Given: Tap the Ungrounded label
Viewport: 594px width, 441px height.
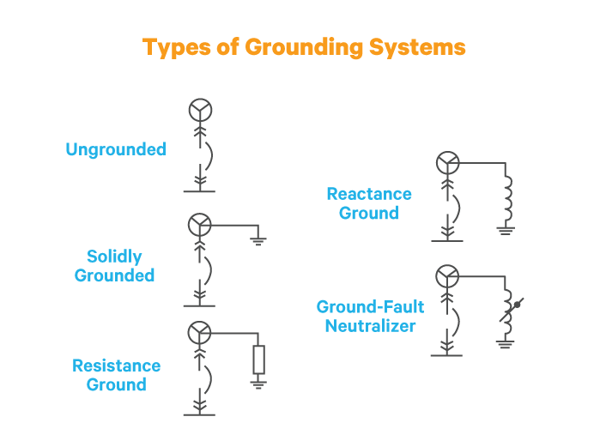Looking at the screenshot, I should point(116,149).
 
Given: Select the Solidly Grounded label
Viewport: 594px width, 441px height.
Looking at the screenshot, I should point(114,266).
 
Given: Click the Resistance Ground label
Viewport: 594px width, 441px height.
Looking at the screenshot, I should point(116,375).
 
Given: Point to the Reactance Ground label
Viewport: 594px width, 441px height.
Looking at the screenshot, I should point(369,203).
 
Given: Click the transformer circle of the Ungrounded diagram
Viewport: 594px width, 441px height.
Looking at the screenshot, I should point(200,110).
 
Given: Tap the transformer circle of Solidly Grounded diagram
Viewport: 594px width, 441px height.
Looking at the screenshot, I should point(200,225).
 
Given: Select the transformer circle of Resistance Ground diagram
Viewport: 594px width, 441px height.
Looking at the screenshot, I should point(200,332).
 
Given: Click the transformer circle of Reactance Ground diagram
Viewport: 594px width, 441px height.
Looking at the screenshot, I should point(447,162).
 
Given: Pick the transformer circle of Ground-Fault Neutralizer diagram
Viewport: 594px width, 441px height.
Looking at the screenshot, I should point(447,275).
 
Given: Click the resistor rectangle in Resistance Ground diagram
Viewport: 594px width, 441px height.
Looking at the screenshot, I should point(258,359).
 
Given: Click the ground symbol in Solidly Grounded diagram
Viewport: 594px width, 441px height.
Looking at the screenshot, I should point(258,241).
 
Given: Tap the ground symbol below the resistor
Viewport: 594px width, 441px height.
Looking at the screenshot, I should point(258,383).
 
